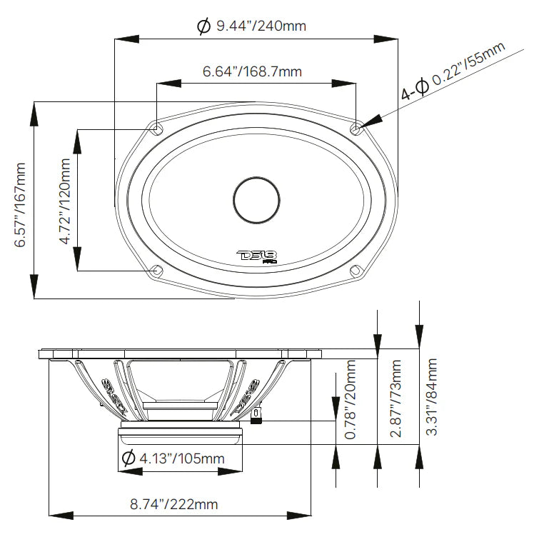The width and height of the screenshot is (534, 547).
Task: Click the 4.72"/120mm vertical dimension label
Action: click(65, 202)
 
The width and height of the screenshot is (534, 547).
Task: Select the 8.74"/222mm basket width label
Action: click(174, 504)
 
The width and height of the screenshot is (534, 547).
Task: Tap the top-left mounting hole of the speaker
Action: click(156, 128)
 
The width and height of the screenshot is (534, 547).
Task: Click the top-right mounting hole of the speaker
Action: click(357, 128)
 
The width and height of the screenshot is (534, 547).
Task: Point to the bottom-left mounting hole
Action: click(156, 271)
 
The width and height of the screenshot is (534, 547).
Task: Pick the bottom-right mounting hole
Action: click(354, 270)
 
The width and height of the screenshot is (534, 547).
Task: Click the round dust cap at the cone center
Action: click(255, 198)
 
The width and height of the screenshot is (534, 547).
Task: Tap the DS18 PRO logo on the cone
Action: click(256, 256)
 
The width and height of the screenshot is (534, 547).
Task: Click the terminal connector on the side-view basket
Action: click(256, 417)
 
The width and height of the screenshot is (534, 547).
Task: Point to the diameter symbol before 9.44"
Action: click(202, 26)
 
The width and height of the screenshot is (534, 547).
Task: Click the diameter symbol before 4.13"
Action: click(129, 458)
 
